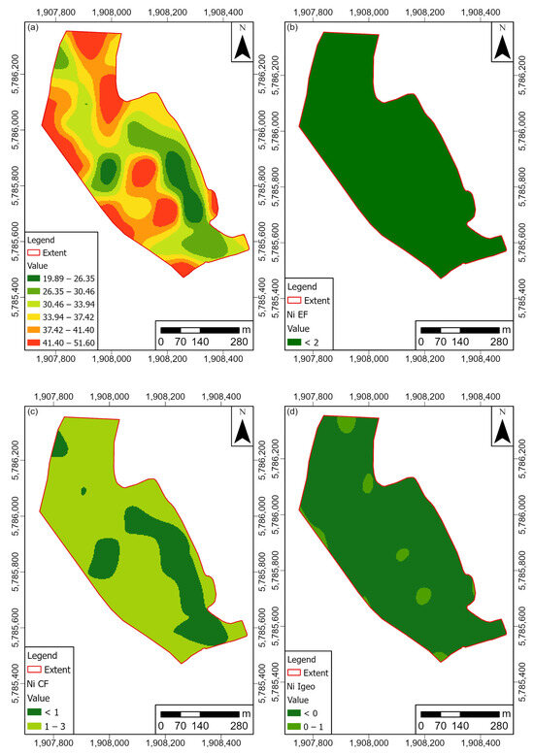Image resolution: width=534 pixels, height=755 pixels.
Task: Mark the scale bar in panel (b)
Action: [458, 330]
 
